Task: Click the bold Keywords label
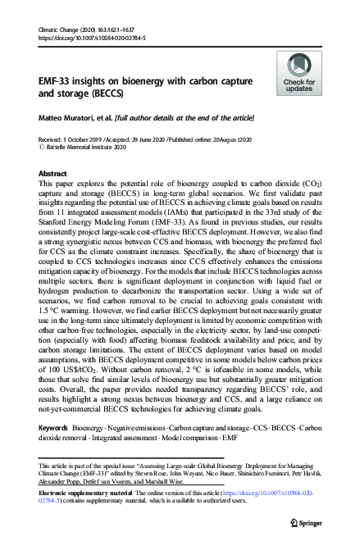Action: [55, 429]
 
